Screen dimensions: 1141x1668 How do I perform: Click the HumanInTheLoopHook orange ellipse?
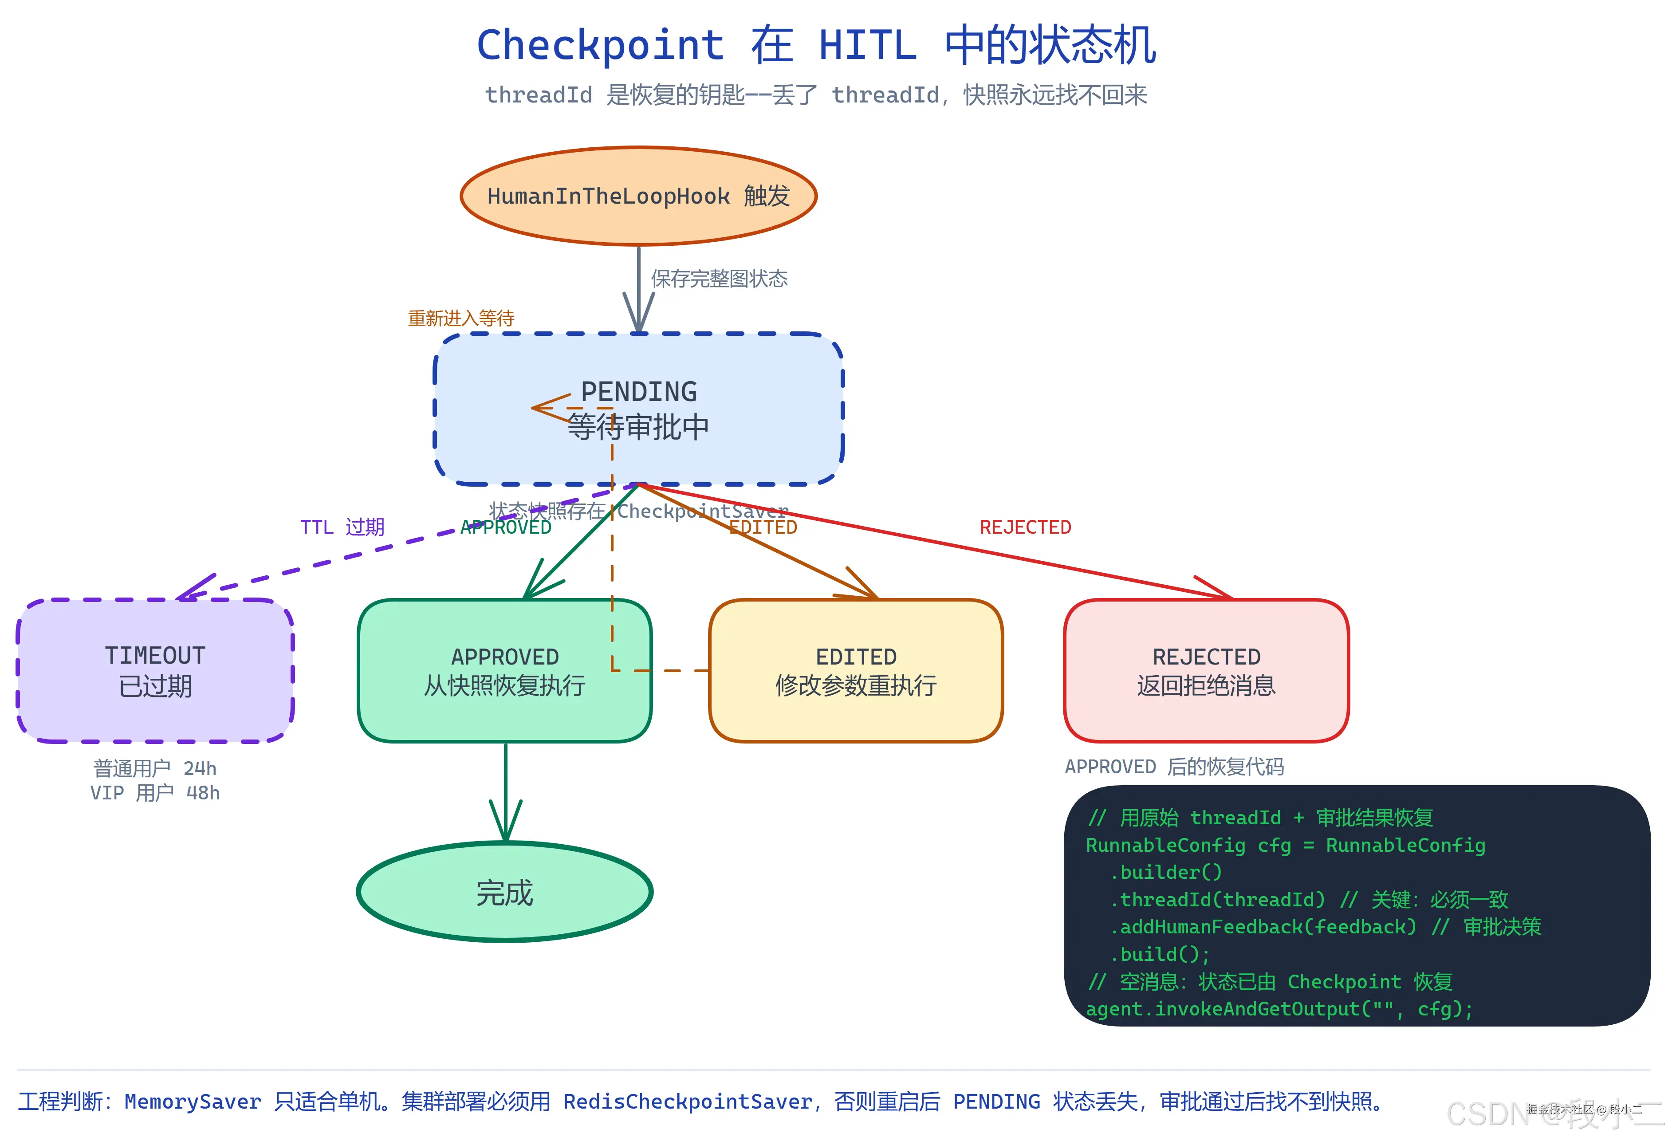[638, 196]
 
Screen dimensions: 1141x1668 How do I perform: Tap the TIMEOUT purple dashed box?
[155, 671]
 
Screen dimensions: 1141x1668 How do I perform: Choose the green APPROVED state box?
[504, 671]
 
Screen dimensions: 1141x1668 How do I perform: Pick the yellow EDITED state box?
[856, 671]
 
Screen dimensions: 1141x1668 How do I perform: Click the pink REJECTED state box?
[1206, 671]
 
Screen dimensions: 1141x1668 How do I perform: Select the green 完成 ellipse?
[504, 892]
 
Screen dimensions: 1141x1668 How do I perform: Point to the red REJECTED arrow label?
[1025, 527]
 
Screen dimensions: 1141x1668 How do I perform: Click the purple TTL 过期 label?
[342, 527]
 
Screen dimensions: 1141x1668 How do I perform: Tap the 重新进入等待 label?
[461, 318]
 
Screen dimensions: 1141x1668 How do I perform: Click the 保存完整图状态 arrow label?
[719, 279]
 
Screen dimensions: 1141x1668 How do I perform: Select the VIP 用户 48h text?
[155, 793]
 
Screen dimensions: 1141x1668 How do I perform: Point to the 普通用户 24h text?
[155, 768]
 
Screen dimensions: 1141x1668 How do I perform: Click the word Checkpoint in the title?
[600, 45]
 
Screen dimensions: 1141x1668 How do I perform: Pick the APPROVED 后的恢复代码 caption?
[1174, 767]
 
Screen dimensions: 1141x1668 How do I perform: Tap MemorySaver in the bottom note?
[193, 1102]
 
